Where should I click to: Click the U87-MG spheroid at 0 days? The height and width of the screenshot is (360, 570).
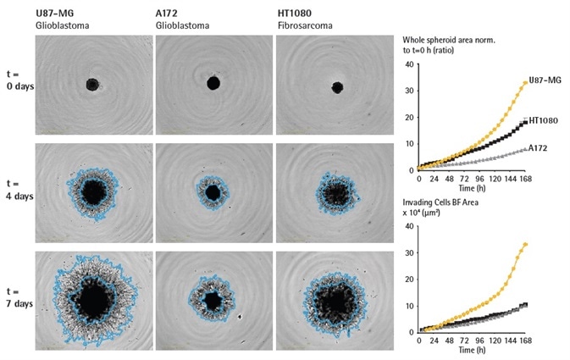pyautogui.click(x=92, y=84)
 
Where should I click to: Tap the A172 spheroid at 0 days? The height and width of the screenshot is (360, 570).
pyautogui.click(x=213, y=82)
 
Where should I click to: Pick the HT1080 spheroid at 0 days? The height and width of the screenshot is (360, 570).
pyautogui.click(x=337, y=86)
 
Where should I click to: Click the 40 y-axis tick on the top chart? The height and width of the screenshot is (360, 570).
pyautogui.click(x=410, y=64)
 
